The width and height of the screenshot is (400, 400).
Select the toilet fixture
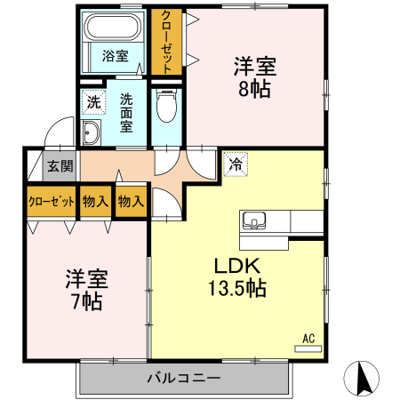tap(164, 108)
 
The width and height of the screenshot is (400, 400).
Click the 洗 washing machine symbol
tap(93, 102)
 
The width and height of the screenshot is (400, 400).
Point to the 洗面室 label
tap(126, 112)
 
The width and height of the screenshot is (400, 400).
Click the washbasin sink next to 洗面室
tap(92, 134)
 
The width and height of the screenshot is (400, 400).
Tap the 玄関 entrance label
tap(60, 165)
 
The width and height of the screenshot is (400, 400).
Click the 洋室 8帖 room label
tap(254, 77)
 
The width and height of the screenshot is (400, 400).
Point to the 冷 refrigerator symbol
tap(236, 164)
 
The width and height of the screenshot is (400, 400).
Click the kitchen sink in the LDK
tap(253, 220)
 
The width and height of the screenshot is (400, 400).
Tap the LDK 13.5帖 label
tap(236, 276)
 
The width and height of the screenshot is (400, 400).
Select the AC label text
tap(308, 338)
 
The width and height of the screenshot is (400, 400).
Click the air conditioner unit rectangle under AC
tap(308, 349)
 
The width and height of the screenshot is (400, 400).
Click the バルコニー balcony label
tap(183, 380)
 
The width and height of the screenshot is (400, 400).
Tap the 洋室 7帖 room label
tap(85, 289)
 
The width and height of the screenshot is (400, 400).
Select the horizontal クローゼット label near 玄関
tap(52, 201)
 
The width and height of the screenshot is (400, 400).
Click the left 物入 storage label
tap(95, 201)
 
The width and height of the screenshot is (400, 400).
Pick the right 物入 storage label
tap(131, 201)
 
